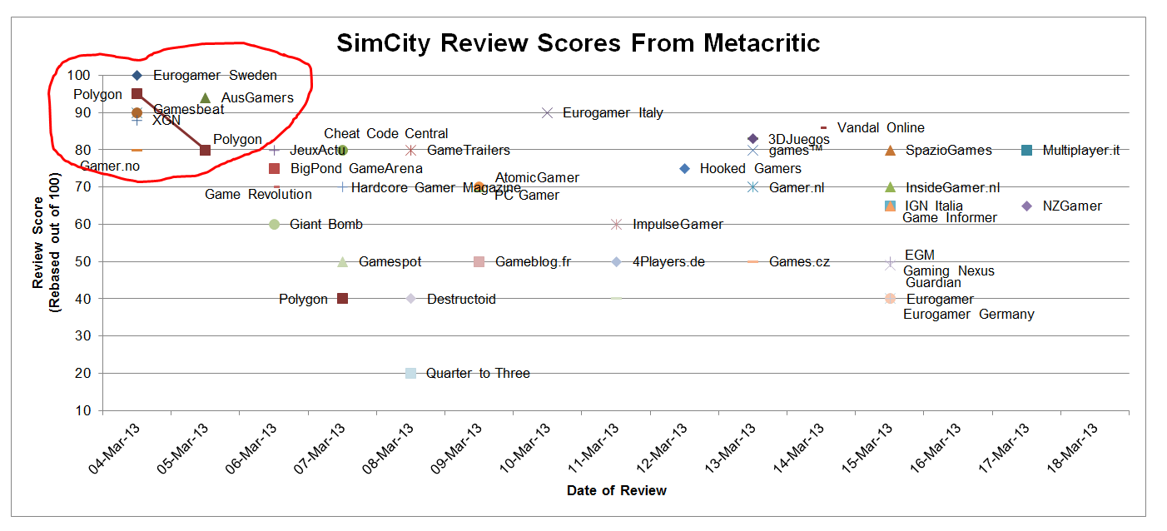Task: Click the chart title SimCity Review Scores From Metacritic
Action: pyautogui.click(x=578, y=42)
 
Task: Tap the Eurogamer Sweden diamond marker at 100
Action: pyautogui.click(x=137, y=76)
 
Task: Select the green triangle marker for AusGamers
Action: pyautogui.click(x=206, y=98)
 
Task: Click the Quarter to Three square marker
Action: pyautogui.click(x=410, y=373)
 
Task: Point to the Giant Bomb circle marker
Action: pyautogui.click(x=274, y=224)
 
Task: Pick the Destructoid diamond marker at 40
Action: pyautogui.click(x=410, y=299)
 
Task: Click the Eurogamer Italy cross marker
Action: pyautogui.click(x=547, y=112)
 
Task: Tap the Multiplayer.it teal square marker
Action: pyautogui.click(x=1026, y=150)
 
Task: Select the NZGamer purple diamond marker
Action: pyautogui.click(x=1026, y=206)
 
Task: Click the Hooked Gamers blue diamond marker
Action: pyautogui.click(x=684, y=168)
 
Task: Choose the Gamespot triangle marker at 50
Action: pyautogui.click(x=342, y=261)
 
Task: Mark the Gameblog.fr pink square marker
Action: pyautogui.click(x=479, y=261)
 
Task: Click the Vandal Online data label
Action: pyautogui.click(x=881, y=127)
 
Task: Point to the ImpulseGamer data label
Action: pyautogui.click(x=678, y=224)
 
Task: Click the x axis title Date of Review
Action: pyautogui.click(x=616, y=490)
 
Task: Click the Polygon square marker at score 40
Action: pyautogui.click(x=342, y=299)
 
